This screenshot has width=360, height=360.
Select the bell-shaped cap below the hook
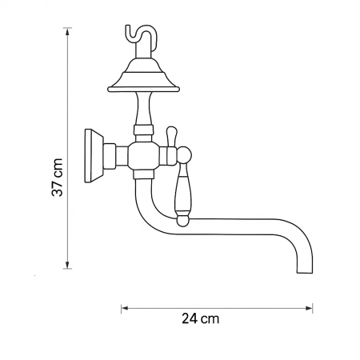coord(143,77)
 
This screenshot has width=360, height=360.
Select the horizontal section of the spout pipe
coord(240,228)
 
